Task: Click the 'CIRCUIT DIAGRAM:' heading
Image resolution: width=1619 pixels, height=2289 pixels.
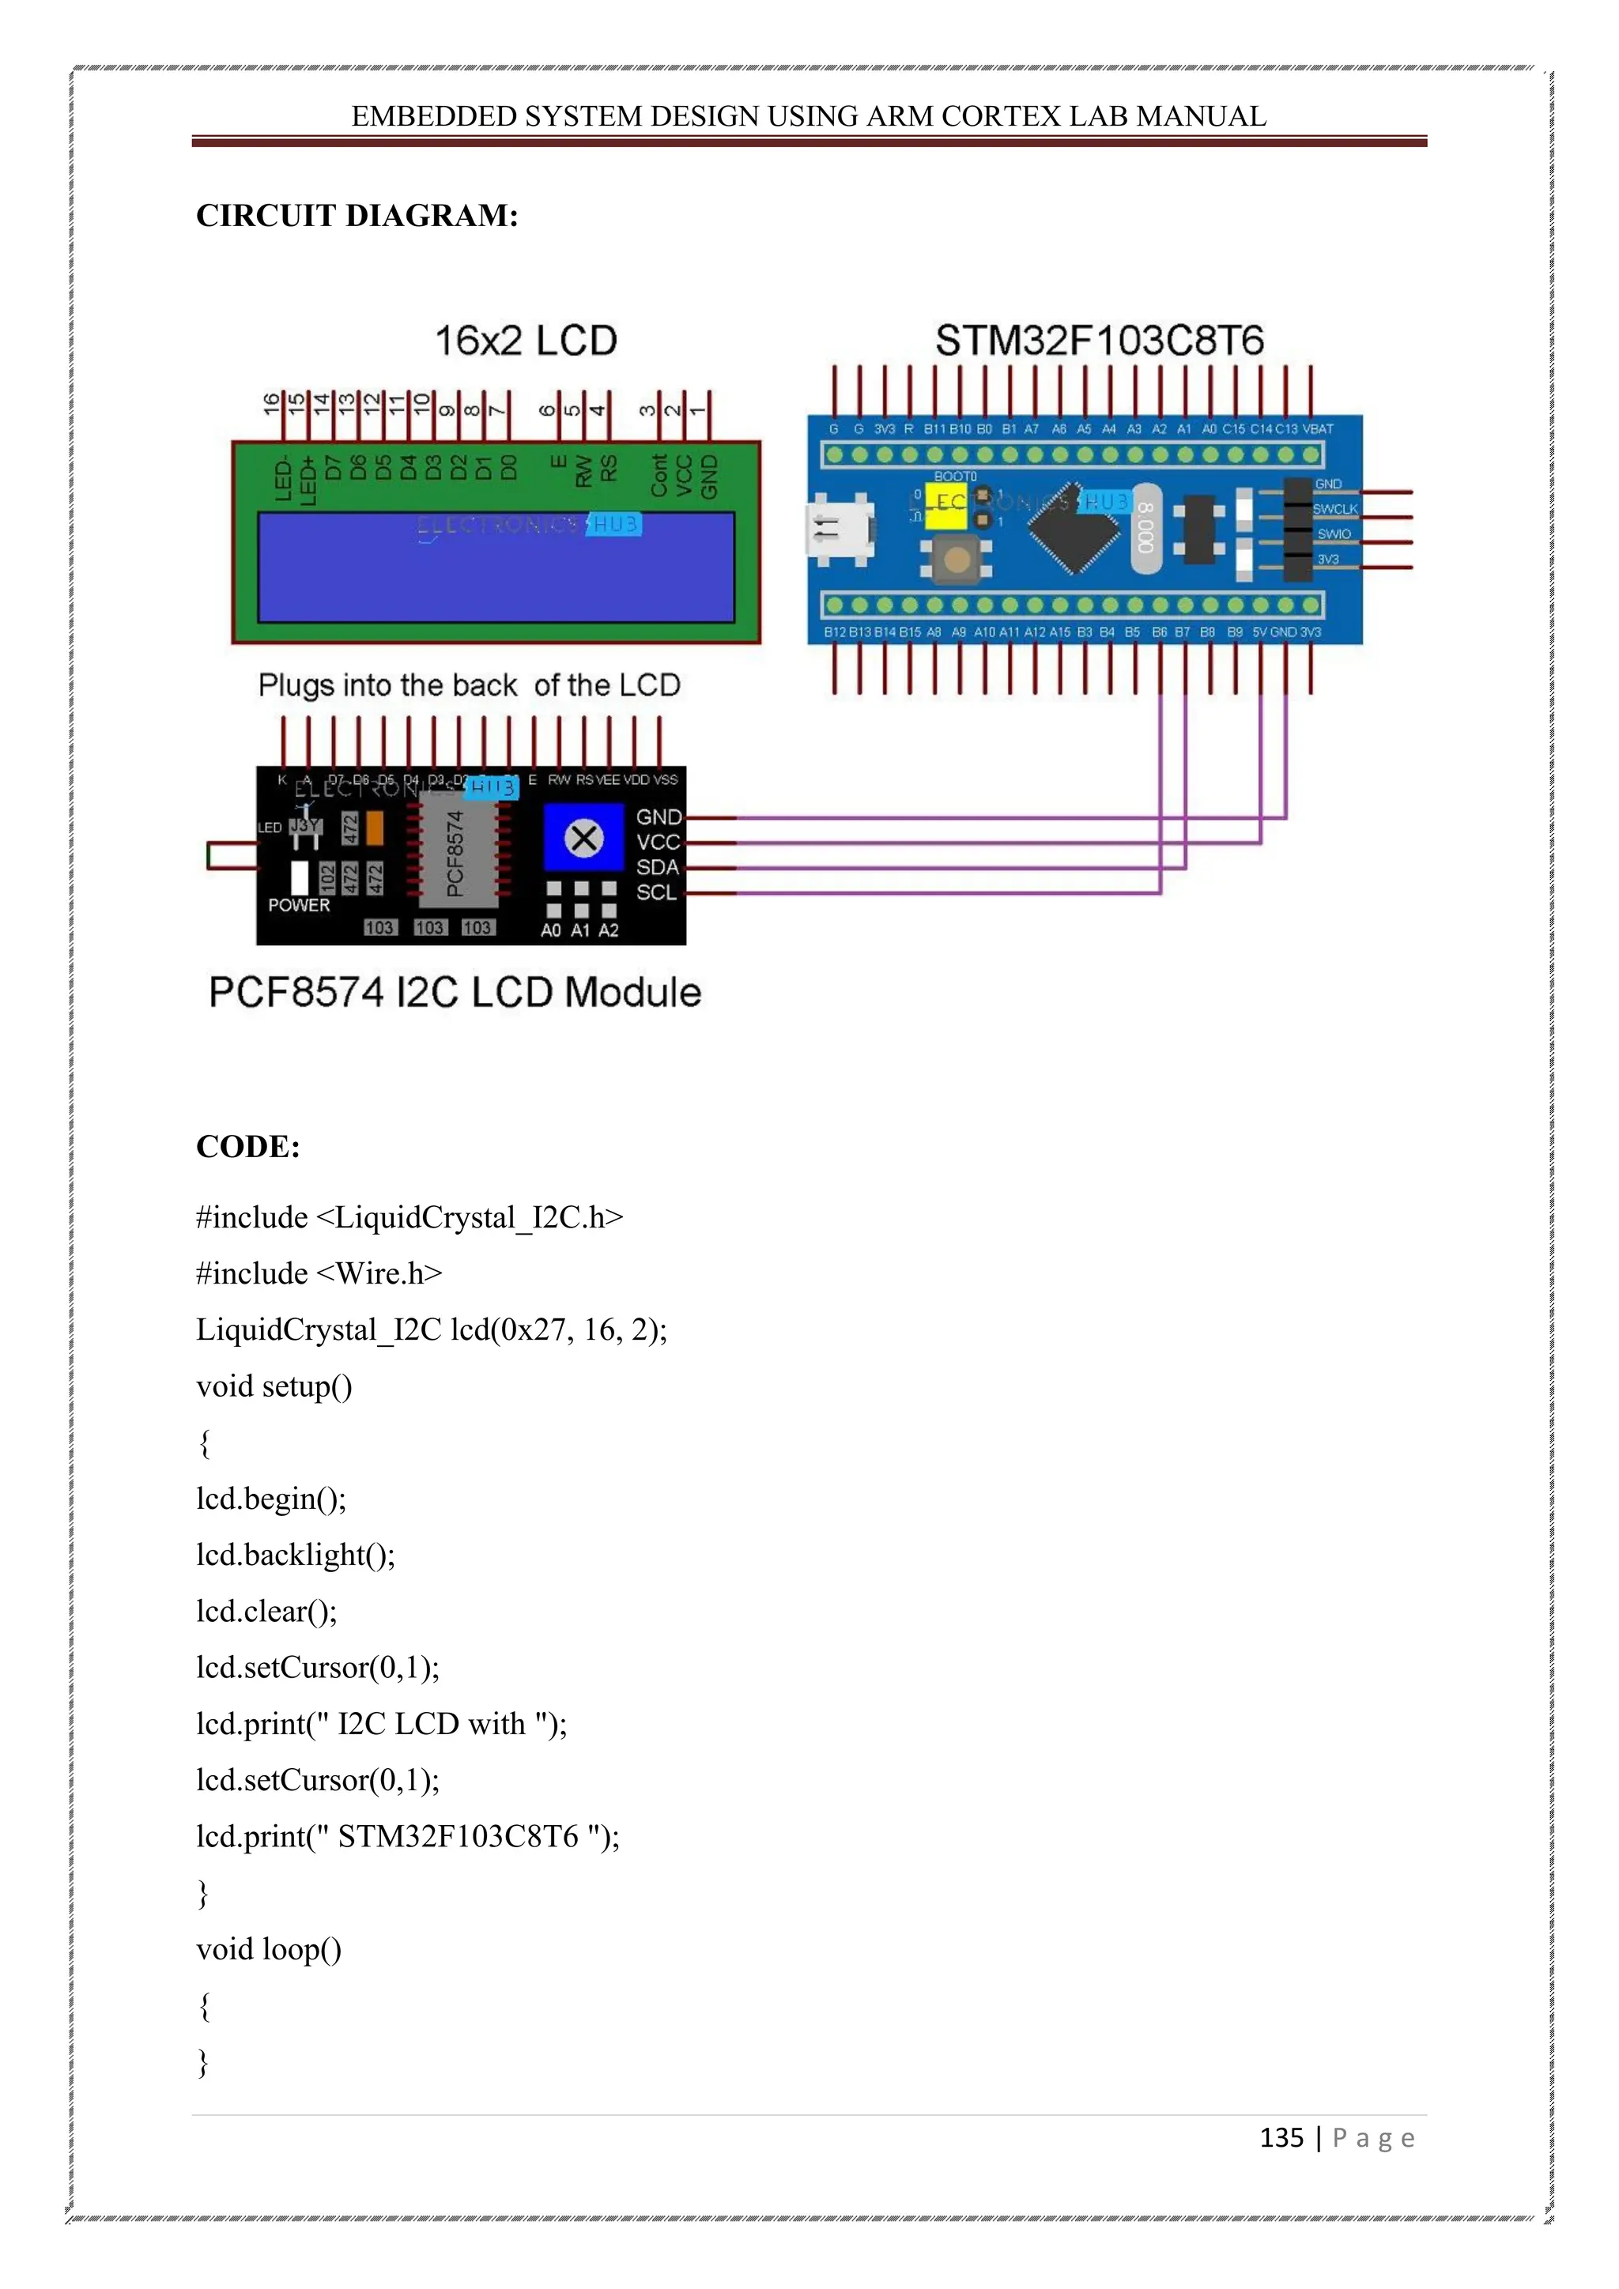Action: [x=357, y=215]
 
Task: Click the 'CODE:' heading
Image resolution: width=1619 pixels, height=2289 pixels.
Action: [x=248, y=1147]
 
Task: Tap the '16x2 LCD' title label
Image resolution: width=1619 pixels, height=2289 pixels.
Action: [x=526, y=341]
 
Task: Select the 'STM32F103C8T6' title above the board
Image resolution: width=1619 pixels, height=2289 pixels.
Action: [x=1099, y=341]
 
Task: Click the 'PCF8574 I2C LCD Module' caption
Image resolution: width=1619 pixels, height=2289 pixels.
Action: [x=455, y=993]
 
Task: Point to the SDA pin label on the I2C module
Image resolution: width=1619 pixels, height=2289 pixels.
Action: [x=658, y=867]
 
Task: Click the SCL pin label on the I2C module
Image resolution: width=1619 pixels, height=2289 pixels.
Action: [x=657, y=892]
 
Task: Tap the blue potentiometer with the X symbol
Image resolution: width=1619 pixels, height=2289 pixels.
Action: [x=584, y=838]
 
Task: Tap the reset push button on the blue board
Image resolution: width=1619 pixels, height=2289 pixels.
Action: [x=956, y=558]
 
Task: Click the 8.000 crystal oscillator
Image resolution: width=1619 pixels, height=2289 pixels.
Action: [x=1146, y=530]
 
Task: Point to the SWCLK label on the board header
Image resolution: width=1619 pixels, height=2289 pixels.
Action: [x=1335, y=508]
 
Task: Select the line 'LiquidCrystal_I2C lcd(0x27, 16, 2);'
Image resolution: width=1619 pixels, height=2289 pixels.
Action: [x=432, y=1330]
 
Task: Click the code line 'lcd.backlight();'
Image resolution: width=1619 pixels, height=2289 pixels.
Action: [x=296, y=1556]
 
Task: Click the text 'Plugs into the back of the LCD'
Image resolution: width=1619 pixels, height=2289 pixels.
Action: [x=469, y=686]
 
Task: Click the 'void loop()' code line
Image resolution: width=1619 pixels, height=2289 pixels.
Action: [x=269, y=1949]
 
